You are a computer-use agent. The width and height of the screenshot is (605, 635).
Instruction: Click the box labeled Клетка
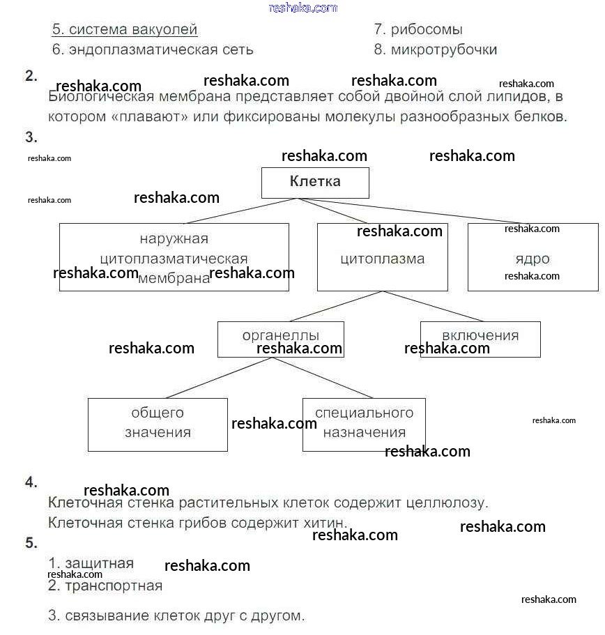click(x=315, y=183)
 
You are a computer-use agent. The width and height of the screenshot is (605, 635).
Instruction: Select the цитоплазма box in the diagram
click(x=382, y=259)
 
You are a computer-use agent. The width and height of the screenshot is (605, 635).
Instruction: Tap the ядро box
click(x=533, y=258)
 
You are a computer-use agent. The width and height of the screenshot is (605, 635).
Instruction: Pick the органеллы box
click(x=280, y=339)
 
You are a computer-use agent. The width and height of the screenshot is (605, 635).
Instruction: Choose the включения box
click(x=480, y=339)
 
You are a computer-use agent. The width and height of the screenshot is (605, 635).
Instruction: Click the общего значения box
click(x=158, y=424)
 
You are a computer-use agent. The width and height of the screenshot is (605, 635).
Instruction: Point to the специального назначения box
click(x=364, y=424)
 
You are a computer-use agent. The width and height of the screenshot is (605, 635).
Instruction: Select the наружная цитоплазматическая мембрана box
click(x=174, y=257)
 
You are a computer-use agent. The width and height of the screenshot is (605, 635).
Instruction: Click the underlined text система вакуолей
click(x=125, y=30)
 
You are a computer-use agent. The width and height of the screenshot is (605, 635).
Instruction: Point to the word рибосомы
click(x=427, y=30)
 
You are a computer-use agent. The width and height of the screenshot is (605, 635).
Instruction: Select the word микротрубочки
click(x=444, y=49)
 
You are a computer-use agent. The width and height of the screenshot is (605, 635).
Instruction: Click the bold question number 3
click(x=31, y=137)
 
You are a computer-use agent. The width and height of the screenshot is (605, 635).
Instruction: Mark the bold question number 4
click(x=31, y=482)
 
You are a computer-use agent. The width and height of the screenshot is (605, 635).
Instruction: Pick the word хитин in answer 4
click(x=325, y=522)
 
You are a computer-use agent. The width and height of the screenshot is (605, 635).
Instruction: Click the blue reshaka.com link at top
click(x=302, y=8)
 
